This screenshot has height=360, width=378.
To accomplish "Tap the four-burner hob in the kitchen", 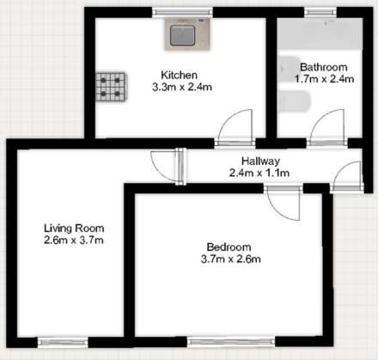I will pyautogui.click(x=110, y=83).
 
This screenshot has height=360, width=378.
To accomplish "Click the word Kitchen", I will pyautogui.click(x=180, y=75).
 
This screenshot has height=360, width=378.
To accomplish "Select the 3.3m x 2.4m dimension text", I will pyautogui.click(x=180, y=87).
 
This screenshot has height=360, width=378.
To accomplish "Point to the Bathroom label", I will pyautogui.click(x=323, y=67).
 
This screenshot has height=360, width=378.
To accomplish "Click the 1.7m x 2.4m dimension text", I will pyautogui.click(x=323, y=79).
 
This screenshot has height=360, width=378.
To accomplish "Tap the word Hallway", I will pyautogui.click(x=259, y=161).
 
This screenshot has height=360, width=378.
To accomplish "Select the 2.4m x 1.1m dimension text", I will pyautogui.click(x=259, y=173).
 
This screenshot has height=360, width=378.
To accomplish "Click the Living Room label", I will pyautogui.click(x=74, y=228).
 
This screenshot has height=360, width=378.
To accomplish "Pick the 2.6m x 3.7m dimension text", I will pyautogui.click(x=74, y=240).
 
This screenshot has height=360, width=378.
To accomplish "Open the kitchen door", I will pyautogui.click(x=235, y=127).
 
